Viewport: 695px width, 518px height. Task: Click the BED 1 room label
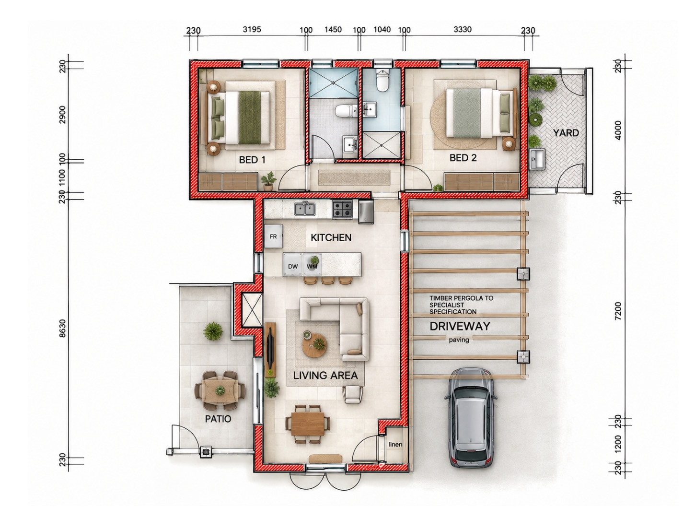(x=252, y=160)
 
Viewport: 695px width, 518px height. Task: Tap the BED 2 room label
(x=463, y=158)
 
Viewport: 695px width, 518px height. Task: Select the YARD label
(x=566, y=133)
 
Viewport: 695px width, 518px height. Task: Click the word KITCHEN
(x=331, y=238)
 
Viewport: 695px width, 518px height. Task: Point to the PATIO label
(x=218, y=419)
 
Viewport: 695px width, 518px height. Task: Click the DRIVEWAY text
(x=460, y=327)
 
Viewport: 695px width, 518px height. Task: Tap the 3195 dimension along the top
(x=252, y=29)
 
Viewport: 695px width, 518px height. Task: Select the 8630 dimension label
(x=63, y=328)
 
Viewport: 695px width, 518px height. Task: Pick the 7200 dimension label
(x=618, y=311)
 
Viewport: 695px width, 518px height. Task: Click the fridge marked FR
(x=273, y=236)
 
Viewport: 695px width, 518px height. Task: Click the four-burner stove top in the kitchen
(x=342, y=209)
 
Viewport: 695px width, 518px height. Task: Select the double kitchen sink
(x=305, y=209)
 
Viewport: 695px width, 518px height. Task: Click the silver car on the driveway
(x=470, y=417)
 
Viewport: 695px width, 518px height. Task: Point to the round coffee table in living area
(x=314, y=345)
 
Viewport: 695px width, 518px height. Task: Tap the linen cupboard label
(x=395, y=444)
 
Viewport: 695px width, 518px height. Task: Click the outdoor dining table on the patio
(x=220, y=391)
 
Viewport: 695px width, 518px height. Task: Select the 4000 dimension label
(x=618, y=130)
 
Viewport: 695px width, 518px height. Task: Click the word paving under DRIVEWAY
(x=459, y=340)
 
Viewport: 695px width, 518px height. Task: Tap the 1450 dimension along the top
(x=333, y=30)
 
